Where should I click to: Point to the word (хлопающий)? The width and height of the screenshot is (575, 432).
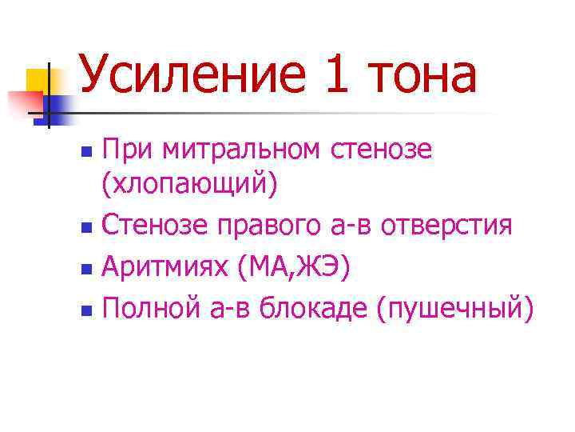click(x=189, y=186)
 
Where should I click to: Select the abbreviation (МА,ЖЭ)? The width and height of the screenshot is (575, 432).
click(x=292, y=265)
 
